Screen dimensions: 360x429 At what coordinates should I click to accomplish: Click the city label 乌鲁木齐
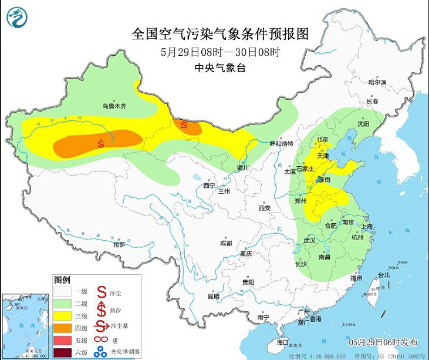114,106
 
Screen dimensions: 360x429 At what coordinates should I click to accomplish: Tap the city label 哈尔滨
377,82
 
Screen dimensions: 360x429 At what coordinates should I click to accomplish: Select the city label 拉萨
119,244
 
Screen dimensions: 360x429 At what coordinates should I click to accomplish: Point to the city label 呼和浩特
281,144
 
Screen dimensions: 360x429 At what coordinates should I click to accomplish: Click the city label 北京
322,140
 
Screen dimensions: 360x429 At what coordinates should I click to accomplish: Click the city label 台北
383,274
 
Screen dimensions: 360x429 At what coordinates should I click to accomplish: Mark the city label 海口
283,341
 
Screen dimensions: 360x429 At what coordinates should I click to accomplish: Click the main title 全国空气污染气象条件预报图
220,33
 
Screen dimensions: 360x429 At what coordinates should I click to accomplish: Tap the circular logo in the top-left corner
18,18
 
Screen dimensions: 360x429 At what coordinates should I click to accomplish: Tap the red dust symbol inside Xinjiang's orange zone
101,142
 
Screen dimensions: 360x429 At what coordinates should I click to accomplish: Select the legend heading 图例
62,278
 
